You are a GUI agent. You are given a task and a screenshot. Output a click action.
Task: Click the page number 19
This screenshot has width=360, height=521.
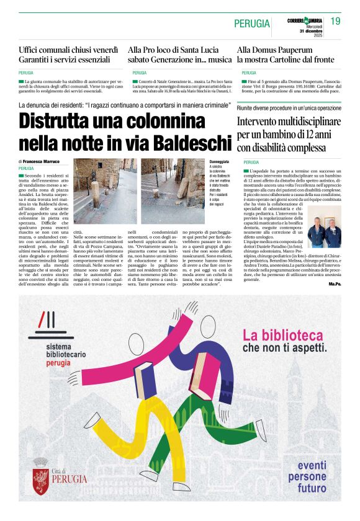[335, 22]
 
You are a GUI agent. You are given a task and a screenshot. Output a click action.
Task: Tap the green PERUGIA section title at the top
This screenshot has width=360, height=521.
[252, 24]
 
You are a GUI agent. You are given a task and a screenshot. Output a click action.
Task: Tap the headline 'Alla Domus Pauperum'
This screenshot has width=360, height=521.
[274, 49]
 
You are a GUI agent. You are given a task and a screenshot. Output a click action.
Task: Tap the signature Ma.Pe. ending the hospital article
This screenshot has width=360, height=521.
[335, 285]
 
